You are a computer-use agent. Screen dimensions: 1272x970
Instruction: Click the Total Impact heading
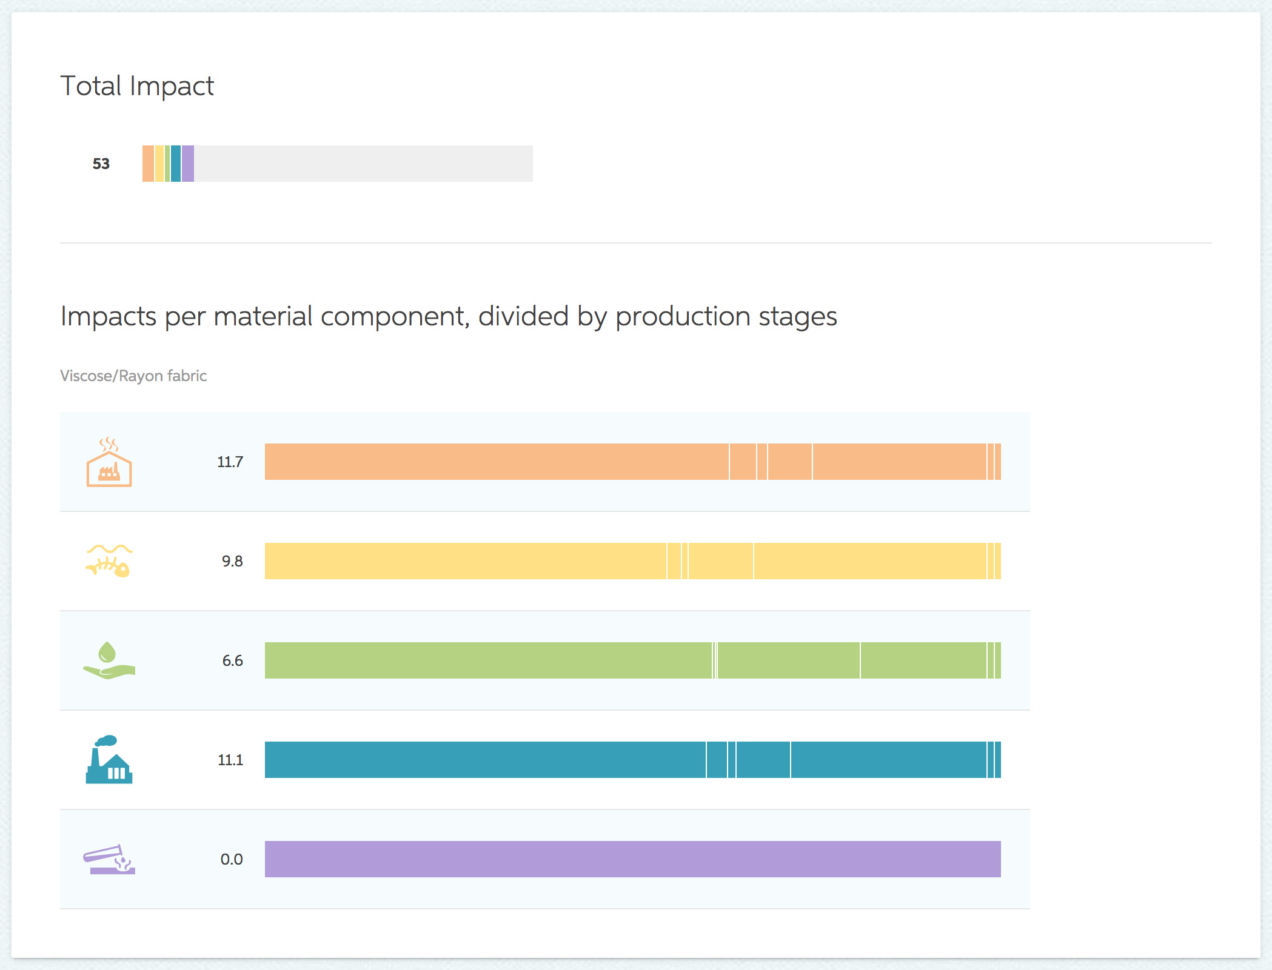137,86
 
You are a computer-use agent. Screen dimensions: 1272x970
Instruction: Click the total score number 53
101,164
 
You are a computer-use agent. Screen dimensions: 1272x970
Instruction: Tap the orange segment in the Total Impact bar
148,164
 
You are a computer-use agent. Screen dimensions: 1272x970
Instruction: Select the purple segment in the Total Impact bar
188,164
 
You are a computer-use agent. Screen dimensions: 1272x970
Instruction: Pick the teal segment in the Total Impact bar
176,164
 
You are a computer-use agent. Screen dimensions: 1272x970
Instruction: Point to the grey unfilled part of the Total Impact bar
363,164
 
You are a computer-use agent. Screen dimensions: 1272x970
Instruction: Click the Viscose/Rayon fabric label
133,376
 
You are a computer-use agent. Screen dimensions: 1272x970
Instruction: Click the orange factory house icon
109,462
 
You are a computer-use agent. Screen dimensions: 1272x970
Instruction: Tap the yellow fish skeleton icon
109,560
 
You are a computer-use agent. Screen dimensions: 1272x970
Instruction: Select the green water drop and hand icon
109,660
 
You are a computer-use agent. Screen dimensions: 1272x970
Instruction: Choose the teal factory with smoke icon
109,760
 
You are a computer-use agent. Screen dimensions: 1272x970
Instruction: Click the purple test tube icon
109,859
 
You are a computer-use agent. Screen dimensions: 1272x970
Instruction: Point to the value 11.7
230,462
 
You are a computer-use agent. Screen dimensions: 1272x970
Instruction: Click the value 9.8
232,561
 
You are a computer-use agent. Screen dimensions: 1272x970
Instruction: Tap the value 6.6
232,660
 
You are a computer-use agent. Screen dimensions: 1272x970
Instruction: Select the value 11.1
230,760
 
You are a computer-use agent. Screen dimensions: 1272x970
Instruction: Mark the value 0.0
232,859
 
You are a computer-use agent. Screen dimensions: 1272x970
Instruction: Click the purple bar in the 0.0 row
633,859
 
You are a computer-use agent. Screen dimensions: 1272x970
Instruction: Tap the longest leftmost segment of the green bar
488,660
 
